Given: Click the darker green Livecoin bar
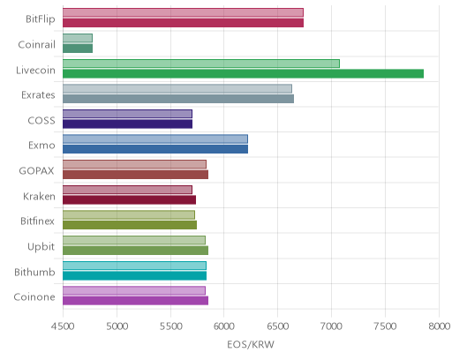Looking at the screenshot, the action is point(243,74).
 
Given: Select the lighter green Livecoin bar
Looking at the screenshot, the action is point(201,64).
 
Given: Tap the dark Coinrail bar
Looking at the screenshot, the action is point(78,49).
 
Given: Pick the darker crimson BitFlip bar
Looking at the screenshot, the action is point(183,23).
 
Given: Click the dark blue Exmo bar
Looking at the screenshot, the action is point(155,149).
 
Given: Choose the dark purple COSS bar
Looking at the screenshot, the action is point(127,124).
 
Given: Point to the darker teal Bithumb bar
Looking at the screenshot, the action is point(134,276).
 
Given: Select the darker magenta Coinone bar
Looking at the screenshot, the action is point(135,301).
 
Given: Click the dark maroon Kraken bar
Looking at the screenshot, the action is point(129,200).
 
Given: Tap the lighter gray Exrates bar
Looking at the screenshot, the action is point(177,88).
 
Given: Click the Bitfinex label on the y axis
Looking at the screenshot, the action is point(37,221).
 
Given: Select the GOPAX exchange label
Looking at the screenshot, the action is point(36,171).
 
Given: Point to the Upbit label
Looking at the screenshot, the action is point(41,247).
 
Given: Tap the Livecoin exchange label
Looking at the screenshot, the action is point(35,71).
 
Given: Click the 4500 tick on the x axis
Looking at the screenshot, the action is point(63,326).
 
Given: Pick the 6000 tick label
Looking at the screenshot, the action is point(223,326).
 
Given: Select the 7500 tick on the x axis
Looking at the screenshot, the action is point(385,326).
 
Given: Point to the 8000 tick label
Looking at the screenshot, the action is point(439,326).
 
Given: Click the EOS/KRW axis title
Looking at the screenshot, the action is point(251,344).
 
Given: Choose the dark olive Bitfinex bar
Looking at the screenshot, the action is point(130,225).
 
